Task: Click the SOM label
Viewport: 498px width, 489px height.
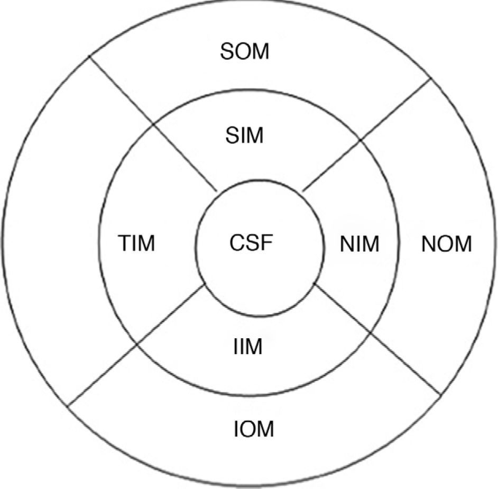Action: coord(245,52)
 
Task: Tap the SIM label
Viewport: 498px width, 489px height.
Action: coord(244,136)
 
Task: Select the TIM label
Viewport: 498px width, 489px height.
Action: coord(136,245)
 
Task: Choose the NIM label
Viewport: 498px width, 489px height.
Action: coord(359,245)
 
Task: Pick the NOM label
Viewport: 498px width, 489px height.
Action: coord(447,245)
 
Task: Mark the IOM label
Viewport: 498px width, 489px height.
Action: coord(253,429)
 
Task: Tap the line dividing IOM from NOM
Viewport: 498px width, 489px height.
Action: coord(406,364)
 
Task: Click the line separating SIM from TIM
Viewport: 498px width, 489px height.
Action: coord(185,158)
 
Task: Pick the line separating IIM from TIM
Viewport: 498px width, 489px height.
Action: coord(172,315)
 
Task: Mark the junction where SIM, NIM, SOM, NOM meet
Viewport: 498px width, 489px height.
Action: coord(361,139)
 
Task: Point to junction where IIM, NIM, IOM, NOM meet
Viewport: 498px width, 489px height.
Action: coord(370,332)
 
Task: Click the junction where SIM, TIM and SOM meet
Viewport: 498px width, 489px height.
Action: coord(153,124)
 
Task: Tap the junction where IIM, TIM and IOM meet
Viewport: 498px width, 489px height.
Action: coord(137,345)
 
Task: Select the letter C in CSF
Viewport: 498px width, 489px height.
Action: coord(237,243)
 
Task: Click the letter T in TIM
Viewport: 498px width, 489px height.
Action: coord(123,245)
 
